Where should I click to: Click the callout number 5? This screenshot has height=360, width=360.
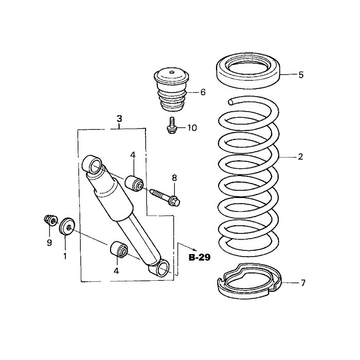(301, 75)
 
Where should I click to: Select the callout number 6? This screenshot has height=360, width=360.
(203, 92)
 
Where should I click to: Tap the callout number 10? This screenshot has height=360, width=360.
(192, 128)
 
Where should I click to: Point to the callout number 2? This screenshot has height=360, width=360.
(300, 157)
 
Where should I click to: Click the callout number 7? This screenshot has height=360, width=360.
(303, 283)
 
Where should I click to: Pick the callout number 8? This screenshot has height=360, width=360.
(174, 178)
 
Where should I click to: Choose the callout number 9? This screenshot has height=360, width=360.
(49, 243)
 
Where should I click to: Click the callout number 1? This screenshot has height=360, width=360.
(65, 256)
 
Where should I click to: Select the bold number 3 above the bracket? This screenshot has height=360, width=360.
(119, 119)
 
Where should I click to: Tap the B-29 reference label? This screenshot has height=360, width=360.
(200, 258)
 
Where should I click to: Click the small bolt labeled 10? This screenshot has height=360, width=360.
(171, 125)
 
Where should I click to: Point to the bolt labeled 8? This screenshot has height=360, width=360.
(165, 197)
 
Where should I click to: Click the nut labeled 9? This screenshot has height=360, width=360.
(51, 220)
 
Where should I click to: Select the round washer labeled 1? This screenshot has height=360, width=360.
(67, 227)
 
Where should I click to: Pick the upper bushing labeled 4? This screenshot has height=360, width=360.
(134, 183)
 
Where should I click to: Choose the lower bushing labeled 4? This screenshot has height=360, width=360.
(119, 250)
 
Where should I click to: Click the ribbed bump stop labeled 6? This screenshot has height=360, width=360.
(171, 90)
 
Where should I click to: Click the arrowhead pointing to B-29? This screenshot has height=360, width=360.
(195, 250)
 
